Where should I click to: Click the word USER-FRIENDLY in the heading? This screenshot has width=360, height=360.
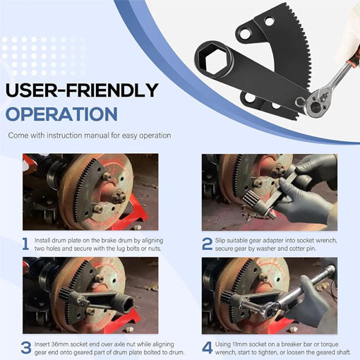(x=82, y=90)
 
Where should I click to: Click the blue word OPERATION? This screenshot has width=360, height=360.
(x=61, y=114)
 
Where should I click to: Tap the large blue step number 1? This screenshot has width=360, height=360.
(x=25, y=244)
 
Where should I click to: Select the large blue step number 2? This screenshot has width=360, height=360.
(x=207, y=244)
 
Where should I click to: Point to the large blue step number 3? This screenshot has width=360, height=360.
(x=26, y=348)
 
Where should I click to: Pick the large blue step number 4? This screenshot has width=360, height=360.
(x=208, y=348)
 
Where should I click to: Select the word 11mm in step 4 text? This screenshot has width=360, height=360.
(x=240, y=344)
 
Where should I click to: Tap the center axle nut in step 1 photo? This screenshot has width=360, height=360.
(x=118, y=196)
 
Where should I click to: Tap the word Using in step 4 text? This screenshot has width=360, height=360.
(x=223, y=344)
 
